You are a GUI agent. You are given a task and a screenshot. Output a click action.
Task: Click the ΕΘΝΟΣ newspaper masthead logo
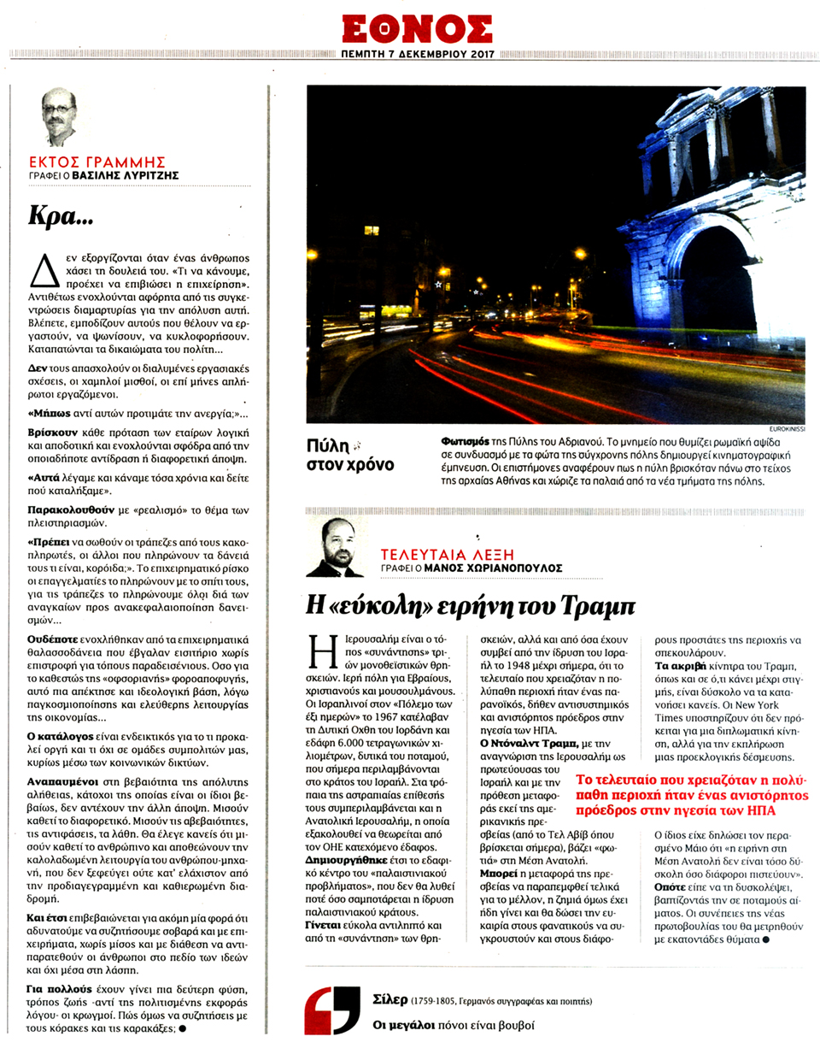tap(417, 28)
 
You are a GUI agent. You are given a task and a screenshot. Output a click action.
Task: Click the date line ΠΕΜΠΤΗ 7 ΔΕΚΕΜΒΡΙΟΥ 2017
tap(418, 54)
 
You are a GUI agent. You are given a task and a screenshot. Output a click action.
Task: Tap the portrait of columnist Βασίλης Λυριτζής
tap(58, 118)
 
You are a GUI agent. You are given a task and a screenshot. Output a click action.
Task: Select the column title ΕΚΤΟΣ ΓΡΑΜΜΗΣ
tap(97, 162)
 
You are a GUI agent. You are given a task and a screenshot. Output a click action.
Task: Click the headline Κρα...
tap(61, 215)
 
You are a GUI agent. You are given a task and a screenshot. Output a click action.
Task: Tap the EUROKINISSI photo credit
tap(786, 428)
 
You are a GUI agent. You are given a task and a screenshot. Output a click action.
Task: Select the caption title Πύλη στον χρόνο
tap(349, 455)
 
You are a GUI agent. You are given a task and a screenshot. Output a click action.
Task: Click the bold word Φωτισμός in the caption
tap(466, 442)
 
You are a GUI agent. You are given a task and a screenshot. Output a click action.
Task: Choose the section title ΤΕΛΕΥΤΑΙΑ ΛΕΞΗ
tap(448, 555)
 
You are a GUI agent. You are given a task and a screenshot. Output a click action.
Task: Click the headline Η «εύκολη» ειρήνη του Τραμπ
tap(471, 605)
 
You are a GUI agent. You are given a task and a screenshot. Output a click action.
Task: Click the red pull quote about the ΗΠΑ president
tap(691, 795)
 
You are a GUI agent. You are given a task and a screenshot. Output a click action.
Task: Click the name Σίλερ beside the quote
tap(389, 999)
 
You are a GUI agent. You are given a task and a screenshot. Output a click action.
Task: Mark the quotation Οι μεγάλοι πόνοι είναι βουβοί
tap(454, 1025)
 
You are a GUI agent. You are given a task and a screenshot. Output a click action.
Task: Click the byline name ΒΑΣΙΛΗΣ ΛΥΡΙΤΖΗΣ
tap(126, 175)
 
